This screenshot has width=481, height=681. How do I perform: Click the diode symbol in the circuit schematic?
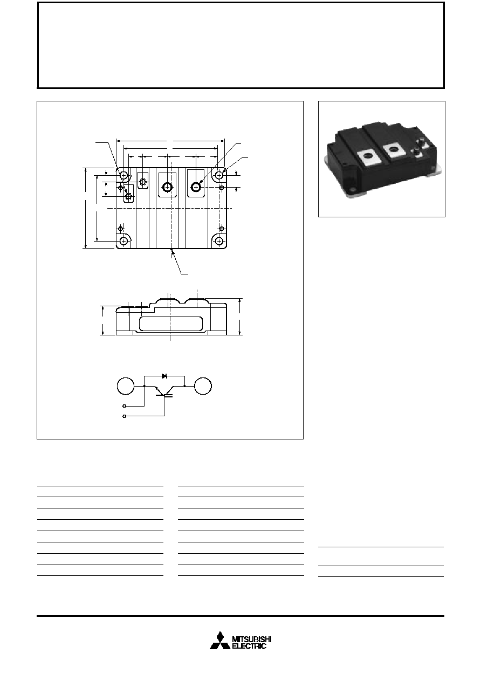(x=164, y=376)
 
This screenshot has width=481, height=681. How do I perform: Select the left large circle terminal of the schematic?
(x=126, y=386)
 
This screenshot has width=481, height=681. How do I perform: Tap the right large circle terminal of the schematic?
(x=203, y=386)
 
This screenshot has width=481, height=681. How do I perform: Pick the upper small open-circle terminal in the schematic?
(x=124, y=406)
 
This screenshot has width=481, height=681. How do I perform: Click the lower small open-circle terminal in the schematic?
(x=124, y=416)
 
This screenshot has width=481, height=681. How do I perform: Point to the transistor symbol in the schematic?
(x=164, y=391)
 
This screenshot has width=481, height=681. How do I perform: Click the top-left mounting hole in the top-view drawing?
(x=123, y=175)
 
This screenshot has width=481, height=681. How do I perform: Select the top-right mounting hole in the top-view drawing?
(x=219, y=175)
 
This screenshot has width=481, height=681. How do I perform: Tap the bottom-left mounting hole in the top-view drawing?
(x=123, y=241)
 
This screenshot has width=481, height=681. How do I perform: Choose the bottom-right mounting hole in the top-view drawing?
(x=219, y=241)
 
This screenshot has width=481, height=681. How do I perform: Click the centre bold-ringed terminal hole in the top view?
(x=167, y=187)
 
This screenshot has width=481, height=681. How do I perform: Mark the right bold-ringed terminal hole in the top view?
(x=196, y=187)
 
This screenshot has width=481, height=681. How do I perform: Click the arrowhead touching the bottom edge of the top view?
(x=173, y=251)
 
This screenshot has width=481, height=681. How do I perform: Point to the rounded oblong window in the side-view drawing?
(x=171, y=324)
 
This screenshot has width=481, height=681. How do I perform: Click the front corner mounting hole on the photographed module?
(x=354, y=189)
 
